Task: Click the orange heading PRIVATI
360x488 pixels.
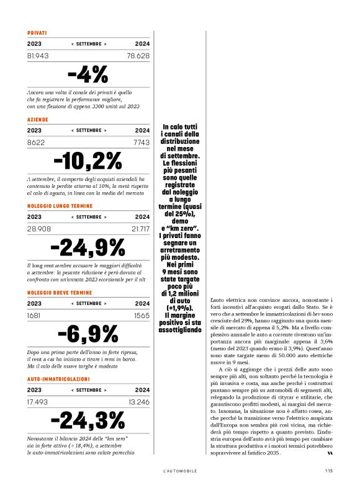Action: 37,32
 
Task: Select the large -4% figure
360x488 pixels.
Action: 88,75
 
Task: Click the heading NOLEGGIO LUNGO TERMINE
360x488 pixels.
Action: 60,205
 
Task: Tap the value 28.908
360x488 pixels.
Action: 39,229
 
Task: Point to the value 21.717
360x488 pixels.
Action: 138,229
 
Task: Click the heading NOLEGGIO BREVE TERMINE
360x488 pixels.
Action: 60,291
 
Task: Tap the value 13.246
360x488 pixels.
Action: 138,402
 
